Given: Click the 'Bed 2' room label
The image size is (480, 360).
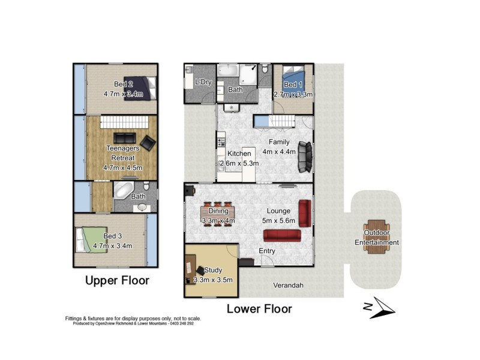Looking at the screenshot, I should click(x=124, y=84).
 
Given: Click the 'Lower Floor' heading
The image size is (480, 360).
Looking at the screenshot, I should click(x=259, y=309).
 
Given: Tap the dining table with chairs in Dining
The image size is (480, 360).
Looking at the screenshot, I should click(x=218, y=211).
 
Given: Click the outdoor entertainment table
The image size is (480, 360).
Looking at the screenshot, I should click(x=376, y=238).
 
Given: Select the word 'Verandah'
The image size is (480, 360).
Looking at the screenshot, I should click(x=286, y=286).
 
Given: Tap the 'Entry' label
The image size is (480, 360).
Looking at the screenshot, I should click(x=267, y=250).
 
